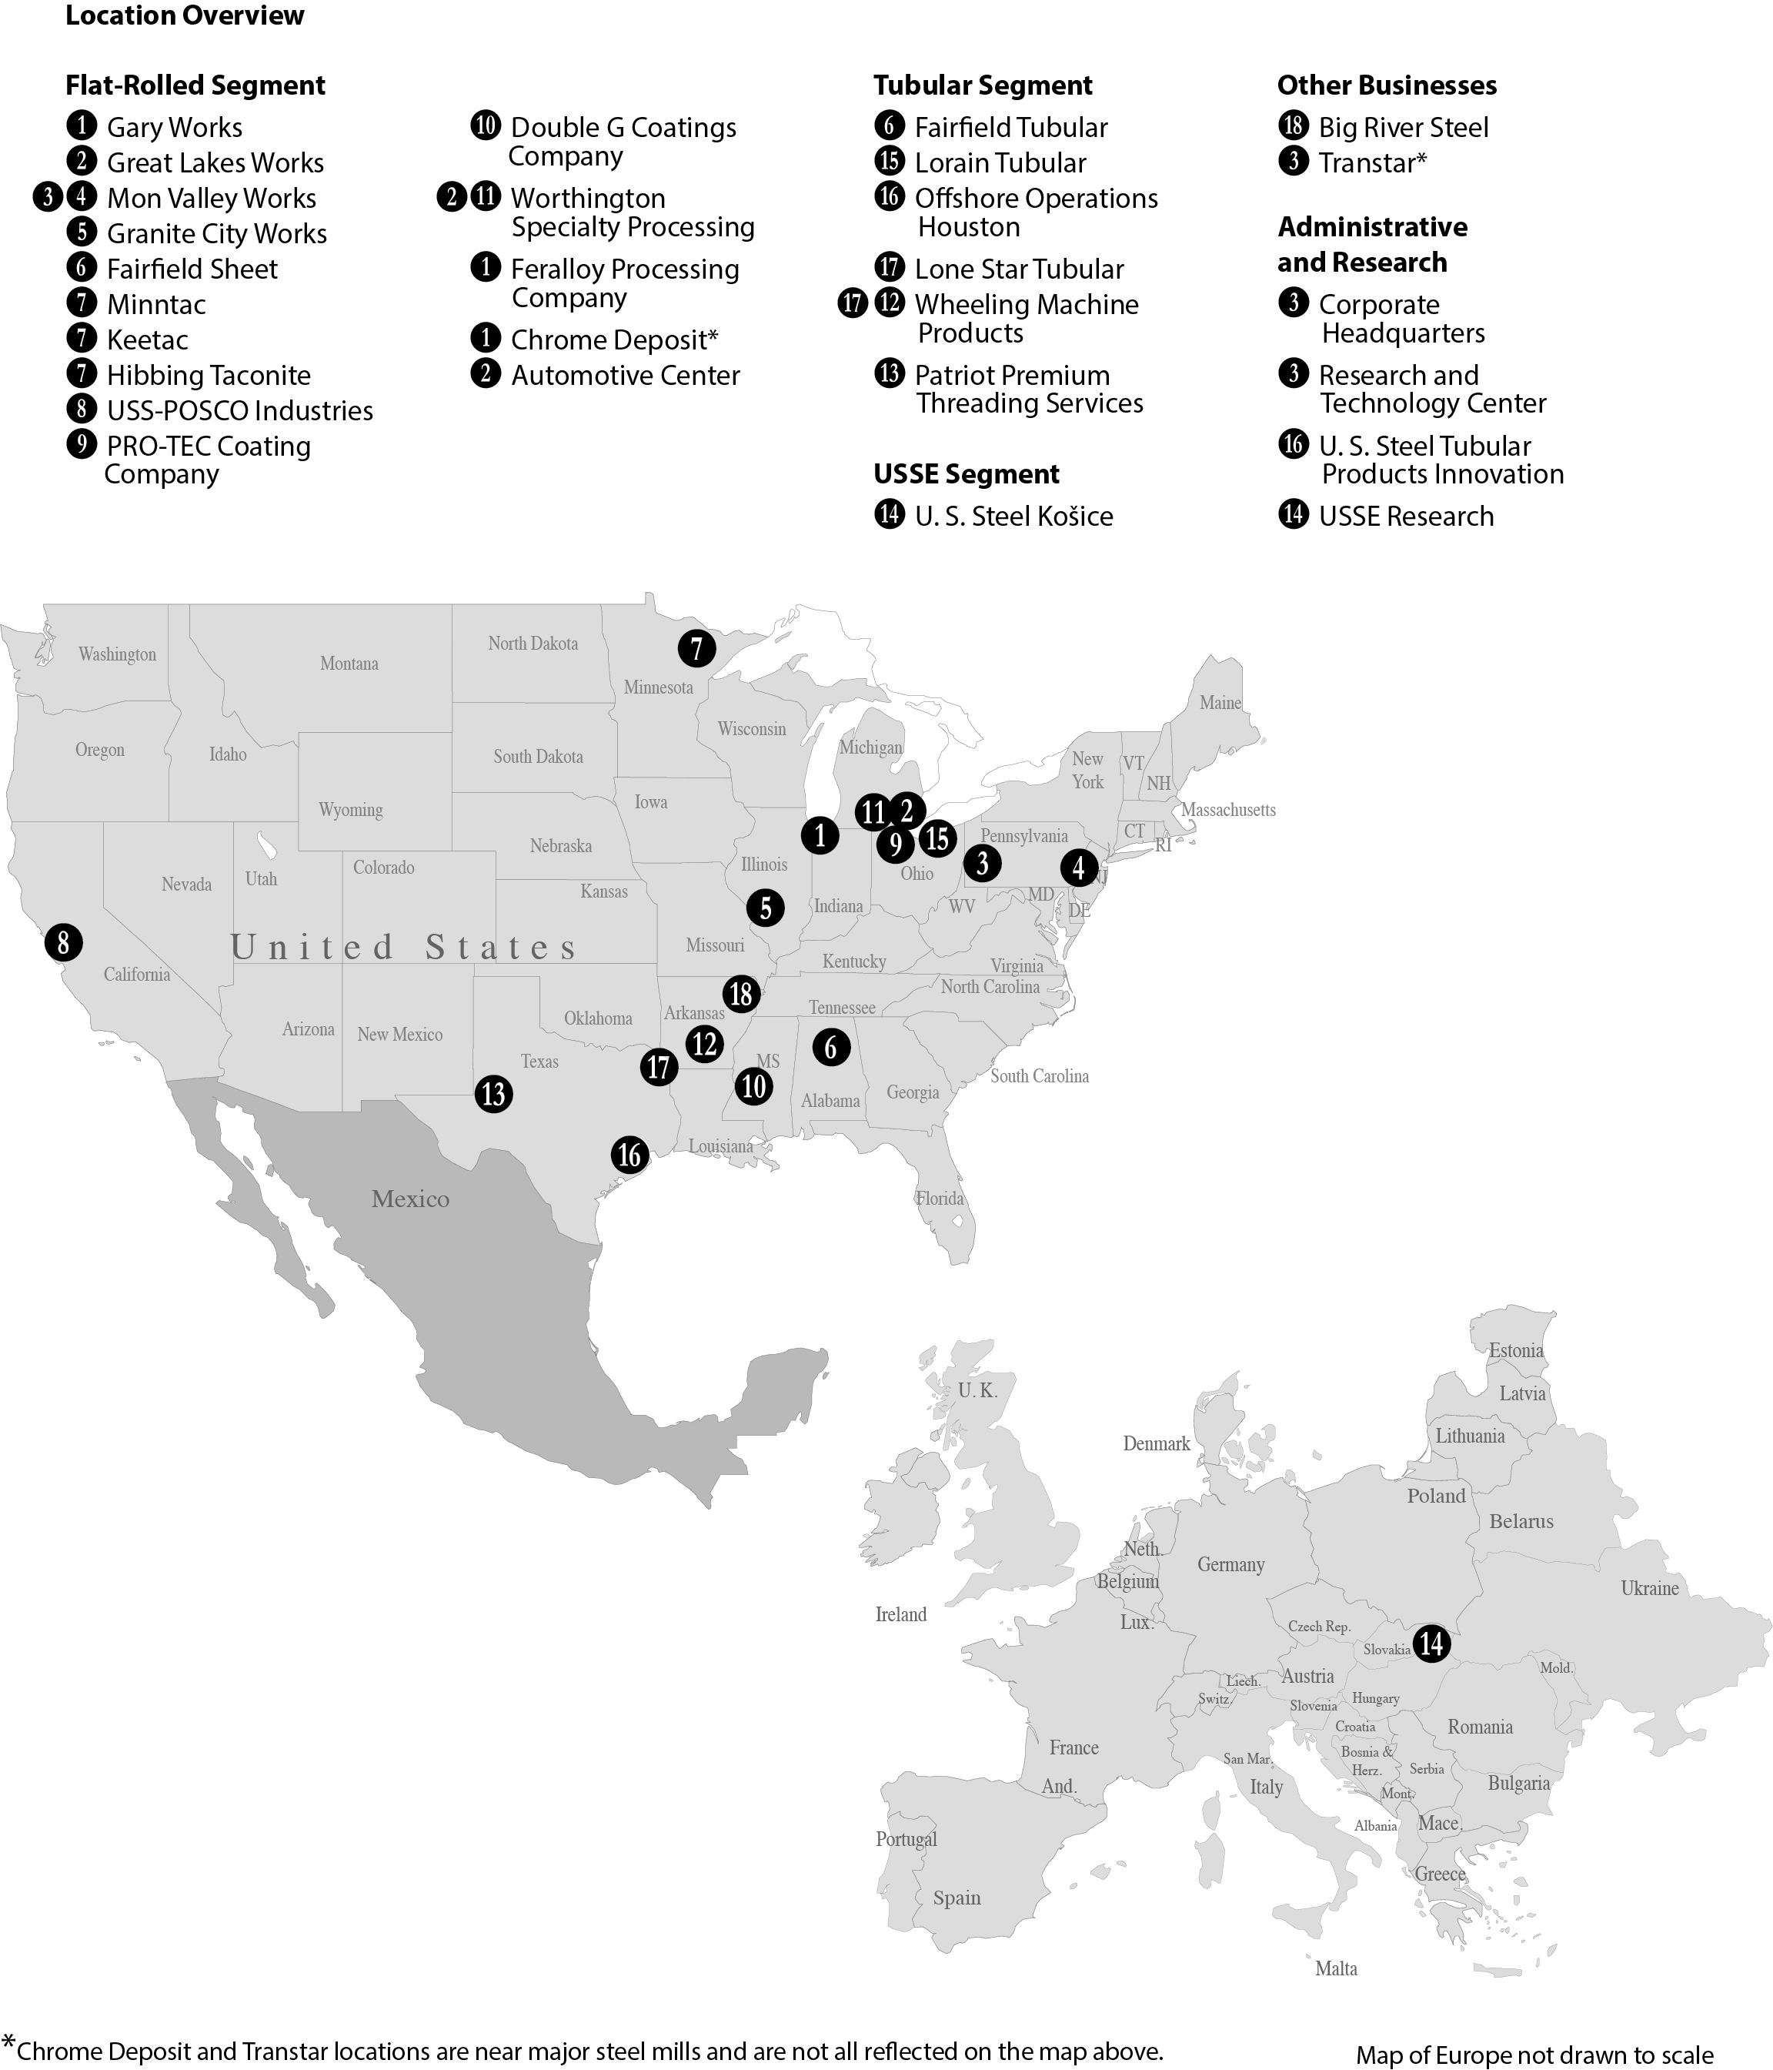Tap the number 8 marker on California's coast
coord(63,942)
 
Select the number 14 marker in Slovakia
coord(1431,1644)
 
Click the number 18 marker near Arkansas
coord(741,994)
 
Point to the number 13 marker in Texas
coord(493,1094)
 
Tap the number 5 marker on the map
coord(765,908)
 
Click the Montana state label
coord(349,664)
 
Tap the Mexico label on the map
coord(410,1199)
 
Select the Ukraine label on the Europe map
coord(1649,1588)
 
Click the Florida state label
coord(940,1198)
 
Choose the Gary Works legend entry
coord(174,128)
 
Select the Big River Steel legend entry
coord(1402,128)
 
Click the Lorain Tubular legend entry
coord(1000,163)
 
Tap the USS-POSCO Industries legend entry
coord(240,410)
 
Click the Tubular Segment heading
coord(983,86)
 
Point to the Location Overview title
coord(185,16)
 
